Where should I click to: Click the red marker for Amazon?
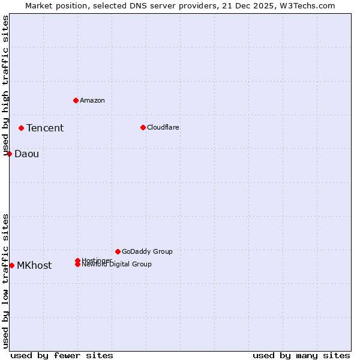(76, 100)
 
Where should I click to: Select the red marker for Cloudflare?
(143, 127)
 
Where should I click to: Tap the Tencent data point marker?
(21, 128)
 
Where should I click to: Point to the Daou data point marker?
(10, 154)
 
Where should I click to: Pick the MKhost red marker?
(11, 265)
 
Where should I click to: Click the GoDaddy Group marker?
(118, 251)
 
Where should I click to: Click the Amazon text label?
(92, 100)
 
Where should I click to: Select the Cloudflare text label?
(163, 127)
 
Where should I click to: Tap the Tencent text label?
(45, 128)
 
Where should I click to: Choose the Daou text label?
(27, 154)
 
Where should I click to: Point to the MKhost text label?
(34, 265)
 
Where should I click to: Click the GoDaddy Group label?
(147, 251)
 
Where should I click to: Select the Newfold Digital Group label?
(117, 265)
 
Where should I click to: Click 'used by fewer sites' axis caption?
(62, 355)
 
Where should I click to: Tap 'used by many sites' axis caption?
(301, 355)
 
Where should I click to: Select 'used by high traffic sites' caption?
(5, 85)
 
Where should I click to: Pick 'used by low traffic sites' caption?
(5, 281)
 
